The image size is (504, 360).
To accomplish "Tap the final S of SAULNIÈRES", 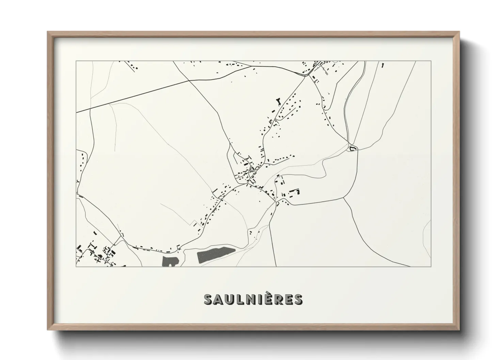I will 297,299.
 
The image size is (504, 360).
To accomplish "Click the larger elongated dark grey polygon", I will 216,255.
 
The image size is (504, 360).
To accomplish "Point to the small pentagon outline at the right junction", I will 353,148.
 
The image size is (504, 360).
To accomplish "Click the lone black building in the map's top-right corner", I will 383,65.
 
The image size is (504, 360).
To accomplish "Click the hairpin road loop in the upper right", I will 347,112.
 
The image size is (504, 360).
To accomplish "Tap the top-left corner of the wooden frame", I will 48,32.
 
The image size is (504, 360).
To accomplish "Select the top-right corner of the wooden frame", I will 459,32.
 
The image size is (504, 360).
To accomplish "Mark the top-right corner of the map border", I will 431,61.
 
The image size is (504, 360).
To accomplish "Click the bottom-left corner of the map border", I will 76,266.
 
